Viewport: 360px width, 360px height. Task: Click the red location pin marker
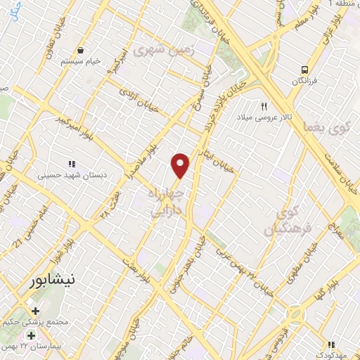pos(181,165)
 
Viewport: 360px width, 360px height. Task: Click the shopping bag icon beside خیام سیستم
pos(82,51)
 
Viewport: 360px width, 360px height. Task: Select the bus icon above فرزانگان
pos(304,70)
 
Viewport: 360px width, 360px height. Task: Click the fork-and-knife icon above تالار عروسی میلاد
pos(264,107)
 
